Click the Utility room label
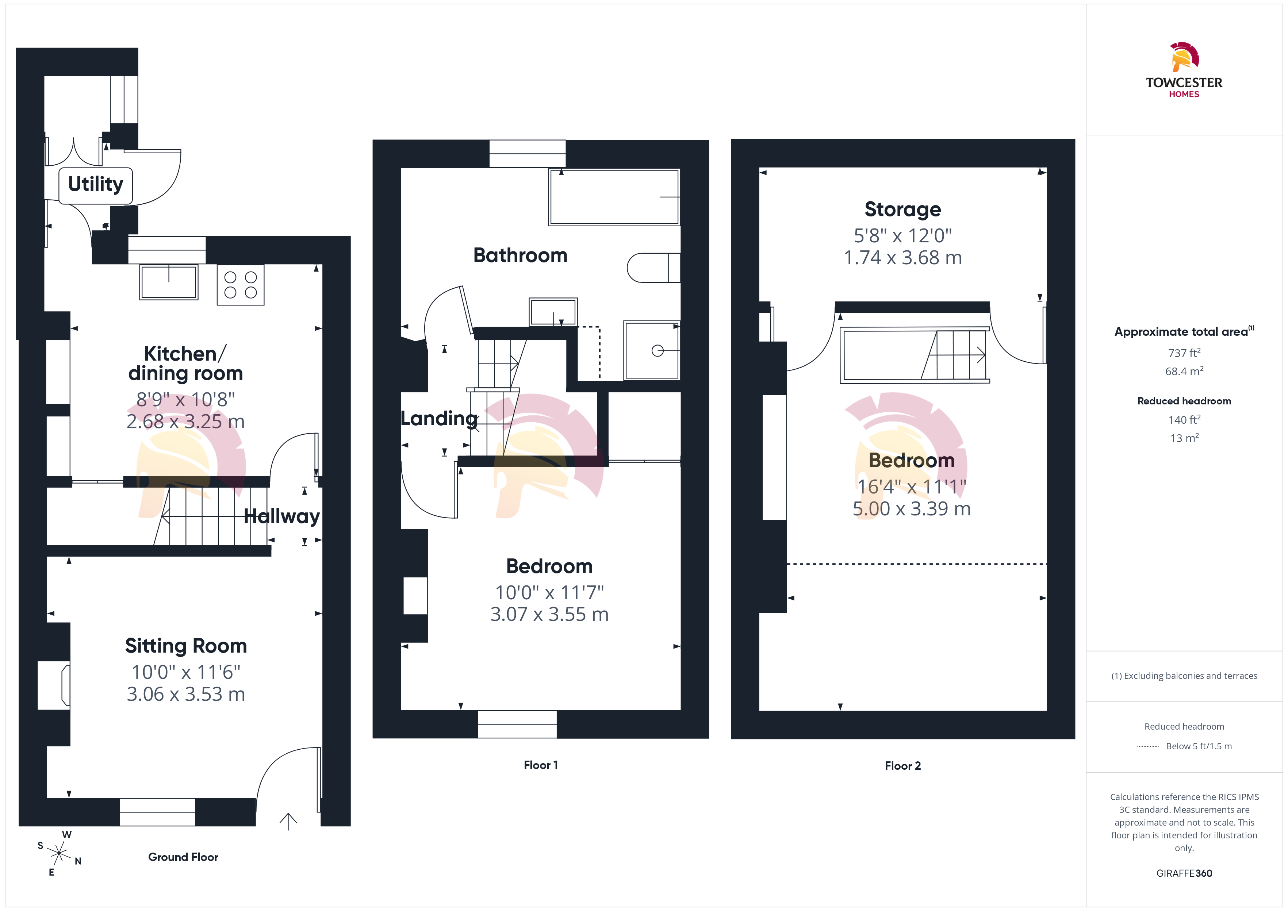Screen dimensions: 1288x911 [95, 184]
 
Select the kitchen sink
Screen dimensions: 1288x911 [169, 282]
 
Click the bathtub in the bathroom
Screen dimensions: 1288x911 [614, 197]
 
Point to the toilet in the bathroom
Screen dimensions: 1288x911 [653, 268]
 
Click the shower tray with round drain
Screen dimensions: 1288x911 [652, 351]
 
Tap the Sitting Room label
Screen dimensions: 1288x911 [186, 646]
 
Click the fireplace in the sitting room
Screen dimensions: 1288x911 [54, 685]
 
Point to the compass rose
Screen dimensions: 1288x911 [58, 853]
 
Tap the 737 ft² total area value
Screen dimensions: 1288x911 [1184, 353]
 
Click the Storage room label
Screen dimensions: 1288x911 [902, 209]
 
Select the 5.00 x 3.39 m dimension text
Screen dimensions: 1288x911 [912, 509]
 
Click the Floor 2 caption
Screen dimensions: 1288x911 [902, 766]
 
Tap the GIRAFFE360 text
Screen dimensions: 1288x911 [1184, 873]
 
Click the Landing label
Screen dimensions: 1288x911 [439, 419]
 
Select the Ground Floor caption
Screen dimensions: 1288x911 [183, 857]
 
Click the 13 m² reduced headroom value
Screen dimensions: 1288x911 [1184, 438]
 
